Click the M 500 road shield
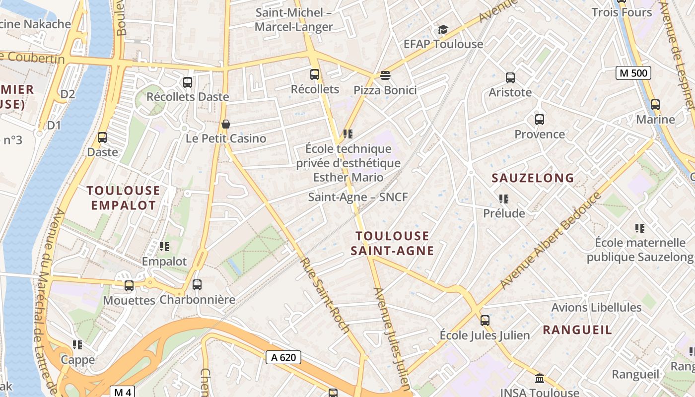coord(633,73)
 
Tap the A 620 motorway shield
coord(283,357)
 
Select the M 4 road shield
coord(122,392)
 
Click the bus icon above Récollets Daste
coord(188,82)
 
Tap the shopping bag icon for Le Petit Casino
coord(226,124)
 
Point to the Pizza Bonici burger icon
coord(385,75)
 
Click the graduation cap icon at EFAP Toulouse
coord(443,30)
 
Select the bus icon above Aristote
coord(510,78)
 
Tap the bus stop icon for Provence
coord(540,120)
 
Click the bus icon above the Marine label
coord(655,105)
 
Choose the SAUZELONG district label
coord(533,178)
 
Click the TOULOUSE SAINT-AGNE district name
coord(392,243)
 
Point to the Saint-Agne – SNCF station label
coord(358,197)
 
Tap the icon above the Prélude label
coord(504,199)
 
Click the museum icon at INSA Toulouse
coord(540,379)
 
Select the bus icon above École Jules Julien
coord(485,321)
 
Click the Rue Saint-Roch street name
coord(325,295)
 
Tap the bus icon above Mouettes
coord(129,286)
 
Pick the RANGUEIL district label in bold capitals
coord(577,330)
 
